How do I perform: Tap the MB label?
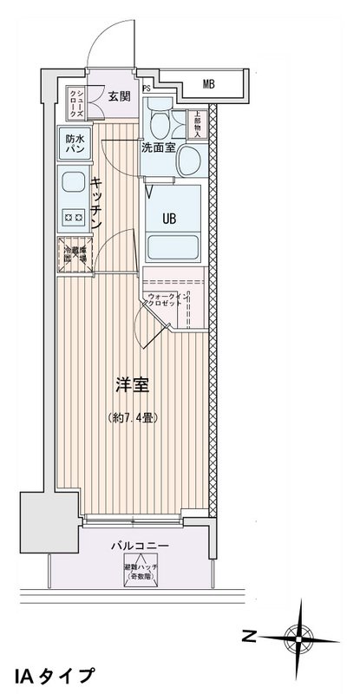pyautogui.click(x=208, y=84)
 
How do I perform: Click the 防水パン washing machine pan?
pyautogui.click(x=74, y=143)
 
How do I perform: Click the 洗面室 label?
pyautogui.click(x=159, y=147)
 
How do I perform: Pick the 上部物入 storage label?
pyautogui.click(x=197, y=122)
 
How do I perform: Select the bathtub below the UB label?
pyautogui.click(x=173, y=246)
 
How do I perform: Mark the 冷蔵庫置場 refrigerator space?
pyautogui.click(x=74, y=256)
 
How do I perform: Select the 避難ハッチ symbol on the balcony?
pyautogui.click(x=136, y=572)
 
